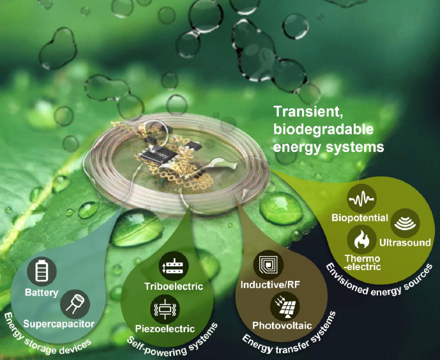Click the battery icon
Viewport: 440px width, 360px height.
pyautogui.click(x=42, y=271)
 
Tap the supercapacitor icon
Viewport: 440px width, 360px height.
pyautogui.click(x=75, y=304)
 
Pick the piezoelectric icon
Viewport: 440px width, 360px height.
pyautogui.click(x=165, y=309)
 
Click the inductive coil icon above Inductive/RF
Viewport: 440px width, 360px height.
pyautogui.click(x=268, y=265)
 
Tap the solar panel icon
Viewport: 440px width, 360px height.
pyautogui.click(x=285, y=306)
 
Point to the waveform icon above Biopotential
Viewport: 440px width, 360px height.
pyautogui.click(x=361, y=199)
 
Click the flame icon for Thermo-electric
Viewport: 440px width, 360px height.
pyautogui.click(x=361, y=240)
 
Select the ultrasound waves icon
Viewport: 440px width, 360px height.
pyautogui.click(x=405, y=223)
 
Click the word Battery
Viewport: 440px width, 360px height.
pyautogui.click(x=42, y=293)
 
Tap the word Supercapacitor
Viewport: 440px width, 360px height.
pyautogui.click(x=59, y=324)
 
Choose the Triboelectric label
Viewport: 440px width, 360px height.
pyautogui.click(x=174, y=286)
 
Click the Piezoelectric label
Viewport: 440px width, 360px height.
pyautogui.click(x=165, y=329)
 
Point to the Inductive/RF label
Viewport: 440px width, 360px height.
pyautogui.click(x=270, y=285)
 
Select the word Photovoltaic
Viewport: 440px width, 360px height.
pyautogui.click(x=282, y=326)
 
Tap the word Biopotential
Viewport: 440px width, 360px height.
pyautogui.click(x=360, y=218)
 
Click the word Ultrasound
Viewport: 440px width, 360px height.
pyautogui.click(x=405, y=243)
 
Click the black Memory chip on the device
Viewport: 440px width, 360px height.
pyautogui.click(x=159, y=154)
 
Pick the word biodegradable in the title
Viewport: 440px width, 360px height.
pyautogui.click(x=323, y=130)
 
